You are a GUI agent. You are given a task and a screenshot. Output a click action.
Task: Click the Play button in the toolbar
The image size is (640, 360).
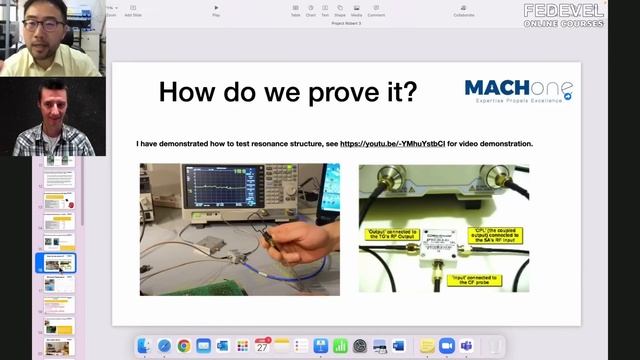pos(216,11)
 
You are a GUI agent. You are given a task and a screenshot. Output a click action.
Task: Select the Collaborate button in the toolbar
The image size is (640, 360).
pos(463,11)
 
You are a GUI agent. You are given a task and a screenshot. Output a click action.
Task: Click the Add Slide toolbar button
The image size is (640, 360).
pos(132,11)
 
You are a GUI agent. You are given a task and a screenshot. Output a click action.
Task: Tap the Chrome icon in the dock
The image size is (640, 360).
pos(184,346)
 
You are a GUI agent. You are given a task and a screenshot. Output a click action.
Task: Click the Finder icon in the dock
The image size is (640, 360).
pos(144,346)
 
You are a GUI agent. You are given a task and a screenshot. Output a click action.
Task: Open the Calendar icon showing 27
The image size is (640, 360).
pos(263,346)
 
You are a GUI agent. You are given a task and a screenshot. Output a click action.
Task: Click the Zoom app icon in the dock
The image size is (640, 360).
pos(447,346)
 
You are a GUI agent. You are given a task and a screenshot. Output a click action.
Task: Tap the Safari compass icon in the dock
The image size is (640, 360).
pos(164,346)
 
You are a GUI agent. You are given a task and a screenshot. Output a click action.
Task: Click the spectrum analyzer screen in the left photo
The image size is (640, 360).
pos(211,187)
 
